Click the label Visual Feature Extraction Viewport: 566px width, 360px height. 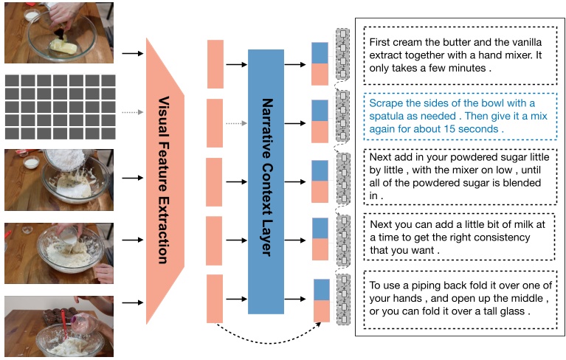coord(164,180)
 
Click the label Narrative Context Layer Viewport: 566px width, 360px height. coord(267,177)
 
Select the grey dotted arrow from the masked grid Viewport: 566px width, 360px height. coord(133,112)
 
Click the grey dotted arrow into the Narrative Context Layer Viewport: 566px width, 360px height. coord(236,123)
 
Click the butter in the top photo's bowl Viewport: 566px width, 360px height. coord(63,46)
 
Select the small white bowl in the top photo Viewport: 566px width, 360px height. coord(32,15)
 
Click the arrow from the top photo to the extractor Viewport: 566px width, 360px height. coord(133,54)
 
